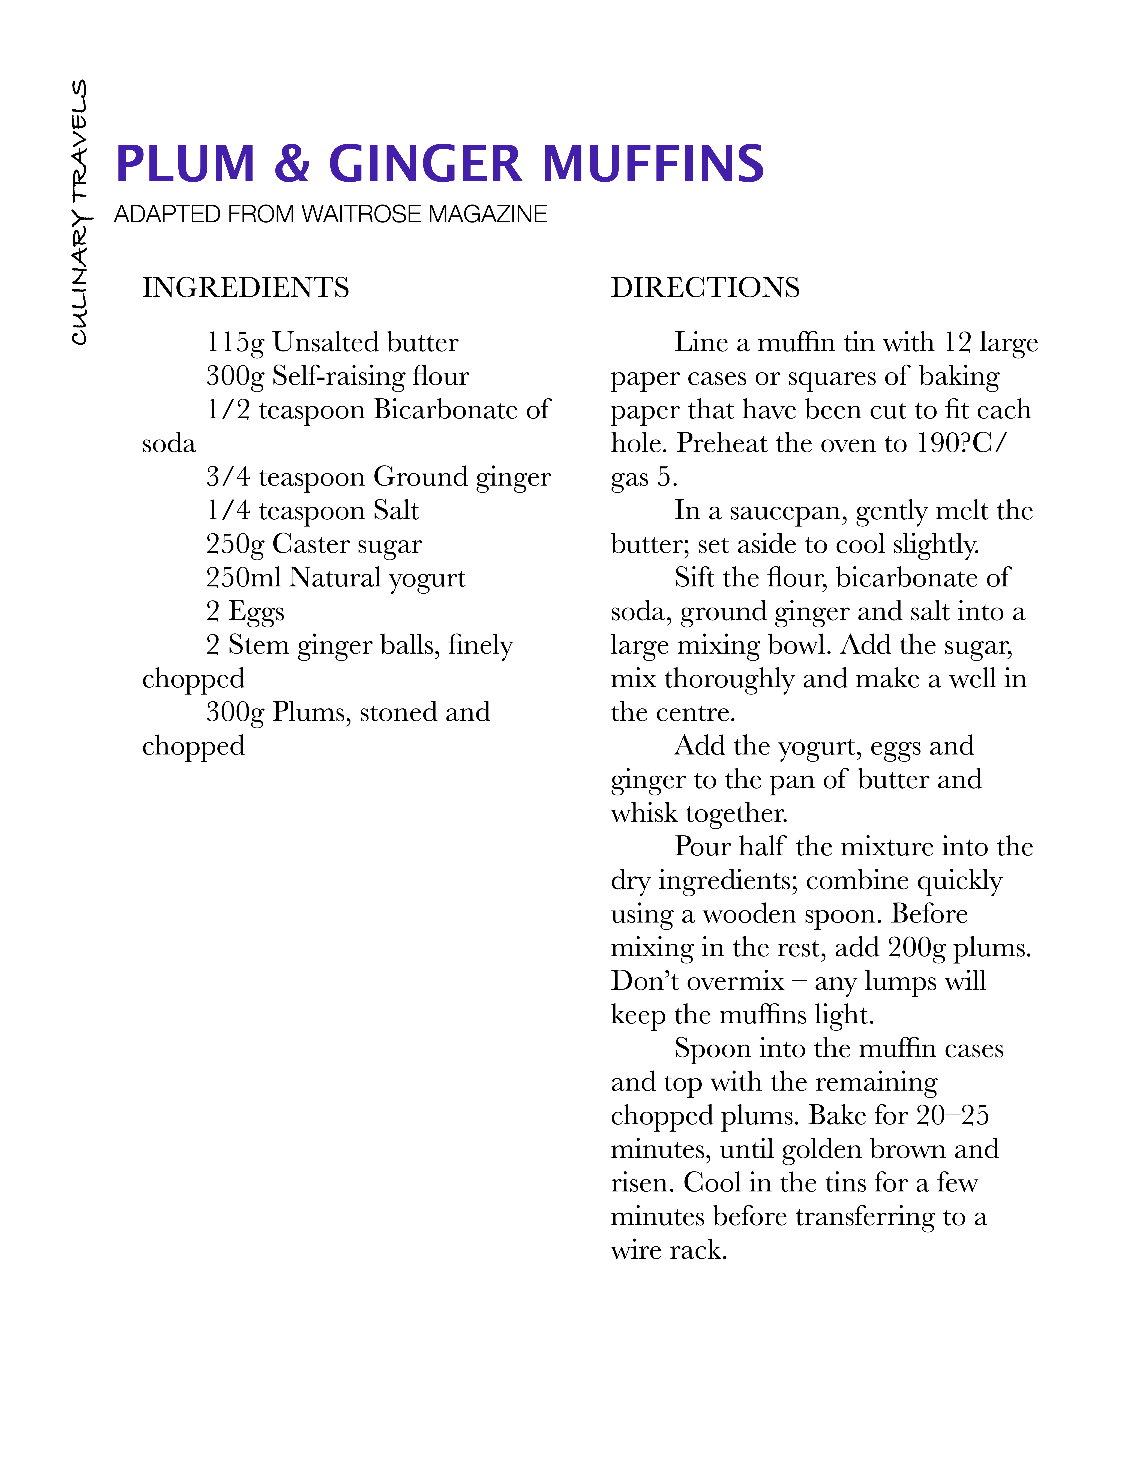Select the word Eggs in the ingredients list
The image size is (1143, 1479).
(x=256, y=612)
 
